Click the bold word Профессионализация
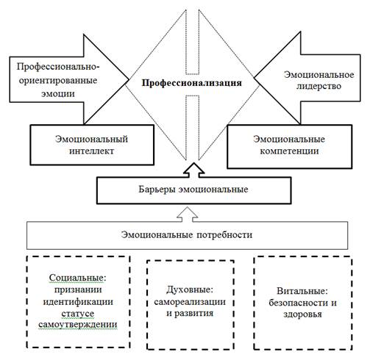192,83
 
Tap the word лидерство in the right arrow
319,86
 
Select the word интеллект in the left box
91,151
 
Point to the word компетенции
289,151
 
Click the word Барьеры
157,190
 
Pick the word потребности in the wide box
224,235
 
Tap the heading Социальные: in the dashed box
78,278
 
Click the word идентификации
78,302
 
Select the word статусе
78,314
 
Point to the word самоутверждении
78,325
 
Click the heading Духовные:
190,290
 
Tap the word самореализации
190,302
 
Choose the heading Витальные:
302,291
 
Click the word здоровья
302,314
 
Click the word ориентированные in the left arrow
58,81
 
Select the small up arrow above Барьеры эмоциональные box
194,170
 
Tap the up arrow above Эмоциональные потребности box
188,215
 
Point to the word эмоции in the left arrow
58,94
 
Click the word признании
78,290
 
